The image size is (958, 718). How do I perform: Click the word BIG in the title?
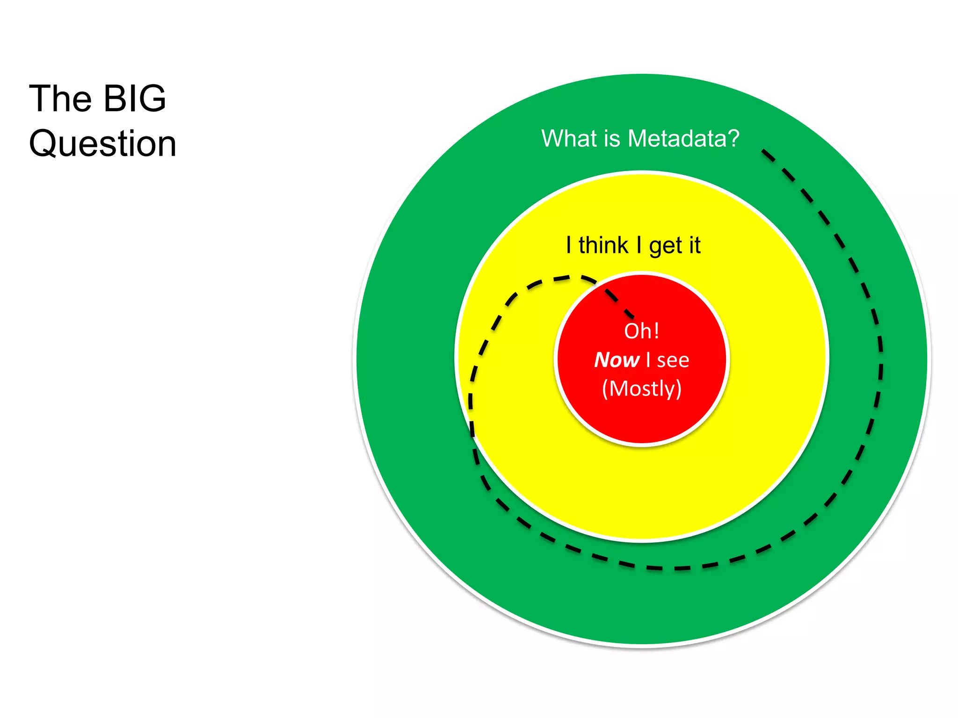pos(134,99)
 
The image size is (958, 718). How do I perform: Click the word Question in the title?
pos(102,143)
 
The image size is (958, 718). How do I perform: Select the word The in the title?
pos(60,99)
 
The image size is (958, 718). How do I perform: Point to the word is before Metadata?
pos(612,138)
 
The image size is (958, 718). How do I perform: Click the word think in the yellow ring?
pos(603,245)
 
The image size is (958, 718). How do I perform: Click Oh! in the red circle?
pos(641,331)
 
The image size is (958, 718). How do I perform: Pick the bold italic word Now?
pos(617,360)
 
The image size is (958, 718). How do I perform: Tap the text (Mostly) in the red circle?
pos(642,388)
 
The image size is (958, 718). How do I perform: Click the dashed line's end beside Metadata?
pos(763,151)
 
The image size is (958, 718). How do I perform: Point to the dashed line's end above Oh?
pos(632,316)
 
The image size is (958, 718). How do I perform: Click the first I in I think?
pos(568,245)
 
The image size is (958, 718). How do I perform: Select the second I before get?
pos(639,245)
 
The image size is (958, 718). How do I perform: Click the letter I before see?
pos(648,360)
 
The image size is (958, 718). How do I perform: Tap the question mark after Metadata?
pos(733,138)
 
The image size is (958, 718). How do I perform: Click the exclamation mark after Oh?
pos(656,331)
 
